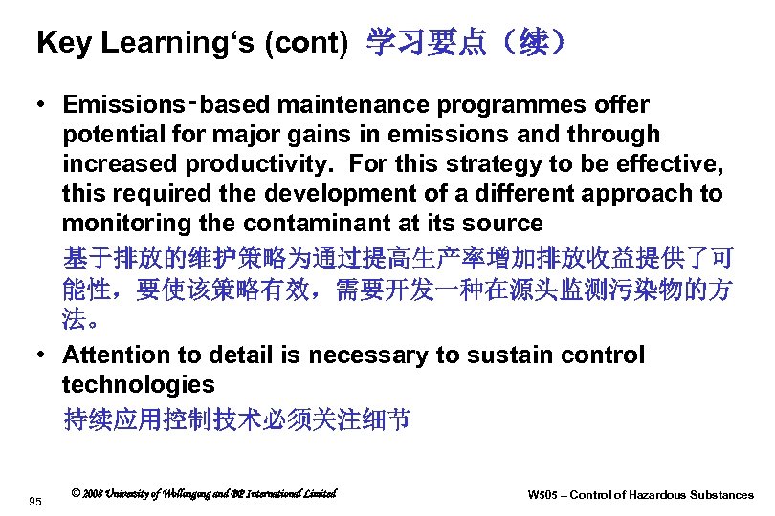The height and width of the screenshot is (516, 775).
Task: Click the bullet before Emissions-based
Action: (x=43, y=104)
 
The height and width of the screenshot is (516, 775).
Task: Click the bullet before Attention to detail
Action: (x=43, y=355)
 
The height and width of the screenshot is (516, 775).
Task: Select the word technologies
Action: (x=139, y=385)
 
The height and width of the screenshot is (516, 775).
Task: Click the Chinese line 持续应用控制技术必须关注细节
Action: (x=236, y=419)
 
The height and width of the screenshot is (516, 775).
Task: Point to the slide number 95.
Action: (x=37, y=499)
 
